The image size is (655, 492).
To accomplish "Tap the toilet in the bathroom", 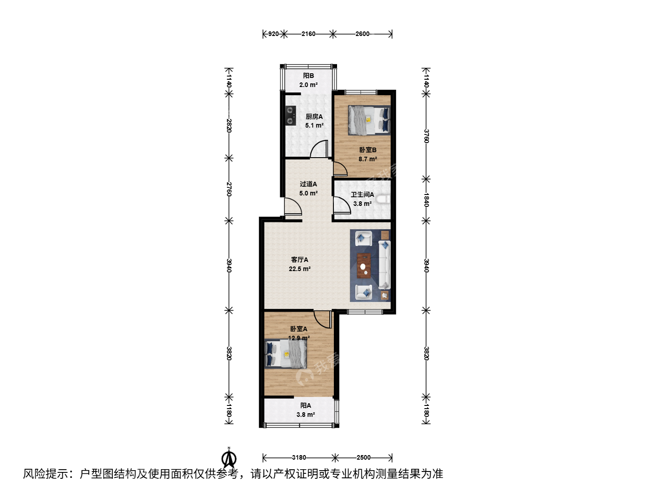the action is pos(383,199).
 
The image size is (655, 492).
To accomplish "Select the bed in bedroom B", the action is pos(369,120).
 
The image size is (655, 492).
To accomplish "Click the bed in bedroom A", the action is pos(286,354).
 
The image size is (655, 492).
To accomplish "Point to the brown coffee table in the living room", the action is pos(364,266).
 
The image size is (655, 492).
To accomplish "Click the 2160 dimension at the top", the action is pos(308,34).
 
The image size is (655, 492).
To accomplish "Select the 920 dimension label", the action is pos(273,34).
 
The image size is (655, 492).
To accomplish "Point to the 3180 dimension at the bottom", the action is pos(299,457).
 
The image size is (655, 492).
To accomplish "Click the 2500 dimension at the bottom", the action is pos(363,457).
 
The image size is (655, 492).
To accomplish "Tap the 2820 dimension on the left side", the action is pos(229,126).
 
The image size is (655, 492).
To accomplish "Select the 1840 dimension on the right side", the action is pos(426,200).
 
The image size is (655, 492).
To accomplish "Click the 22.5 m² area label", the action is pos(300,269).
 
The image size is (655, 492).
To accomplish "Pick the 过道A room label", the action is pos(308,184).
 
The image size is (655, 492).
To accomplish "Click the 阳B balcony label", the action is pos(308,76).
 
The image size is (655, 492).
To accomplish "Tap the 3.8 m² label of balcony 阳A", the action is pos(306,415).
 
